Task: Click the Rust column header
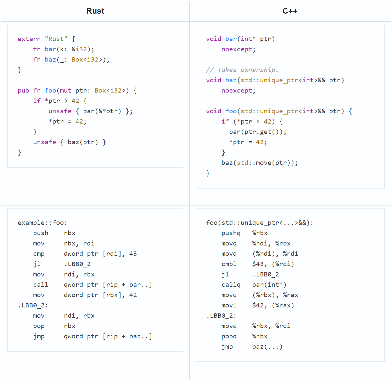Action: pos(95,11)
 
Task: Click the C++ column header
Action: pos(290,11)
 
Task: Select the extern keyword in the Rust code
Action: pos(29,39)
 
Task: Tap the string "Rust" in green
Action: pos(56,39)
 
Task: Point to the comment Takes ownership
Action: pos(242,70)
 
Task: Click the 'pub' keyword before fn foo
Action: pos(23,91)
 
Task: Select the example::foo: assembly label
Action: pos(42,222)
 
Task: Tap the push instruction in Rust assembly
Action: pos(41,233)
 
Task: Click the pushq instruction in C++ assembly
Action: pos(231,233)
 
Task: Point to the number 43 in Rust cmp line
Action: pos(133,253)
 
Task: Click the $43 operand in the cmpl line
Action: pos(258,264)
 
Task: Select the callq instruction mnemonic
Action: pos(231,285)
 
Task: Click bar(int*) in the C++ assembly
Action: pos(269,284)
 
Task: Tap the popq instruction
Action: pos(229,336)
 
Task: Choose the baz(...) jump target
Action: pos(267,347)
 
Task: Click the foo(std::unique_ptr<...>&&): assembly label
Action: pos(259,222)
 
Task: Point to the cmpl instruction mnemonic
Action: pos(229,264)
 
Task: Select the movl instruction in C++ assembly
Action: pos(229,305)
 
